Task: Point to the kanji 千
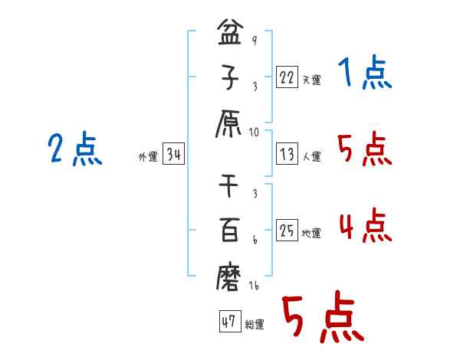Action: pos(230,186)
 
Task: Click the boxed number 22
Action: pos(287,77)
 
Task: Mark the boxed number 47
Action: pos(228,322)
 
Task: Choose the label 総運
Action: pos(254,325)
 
